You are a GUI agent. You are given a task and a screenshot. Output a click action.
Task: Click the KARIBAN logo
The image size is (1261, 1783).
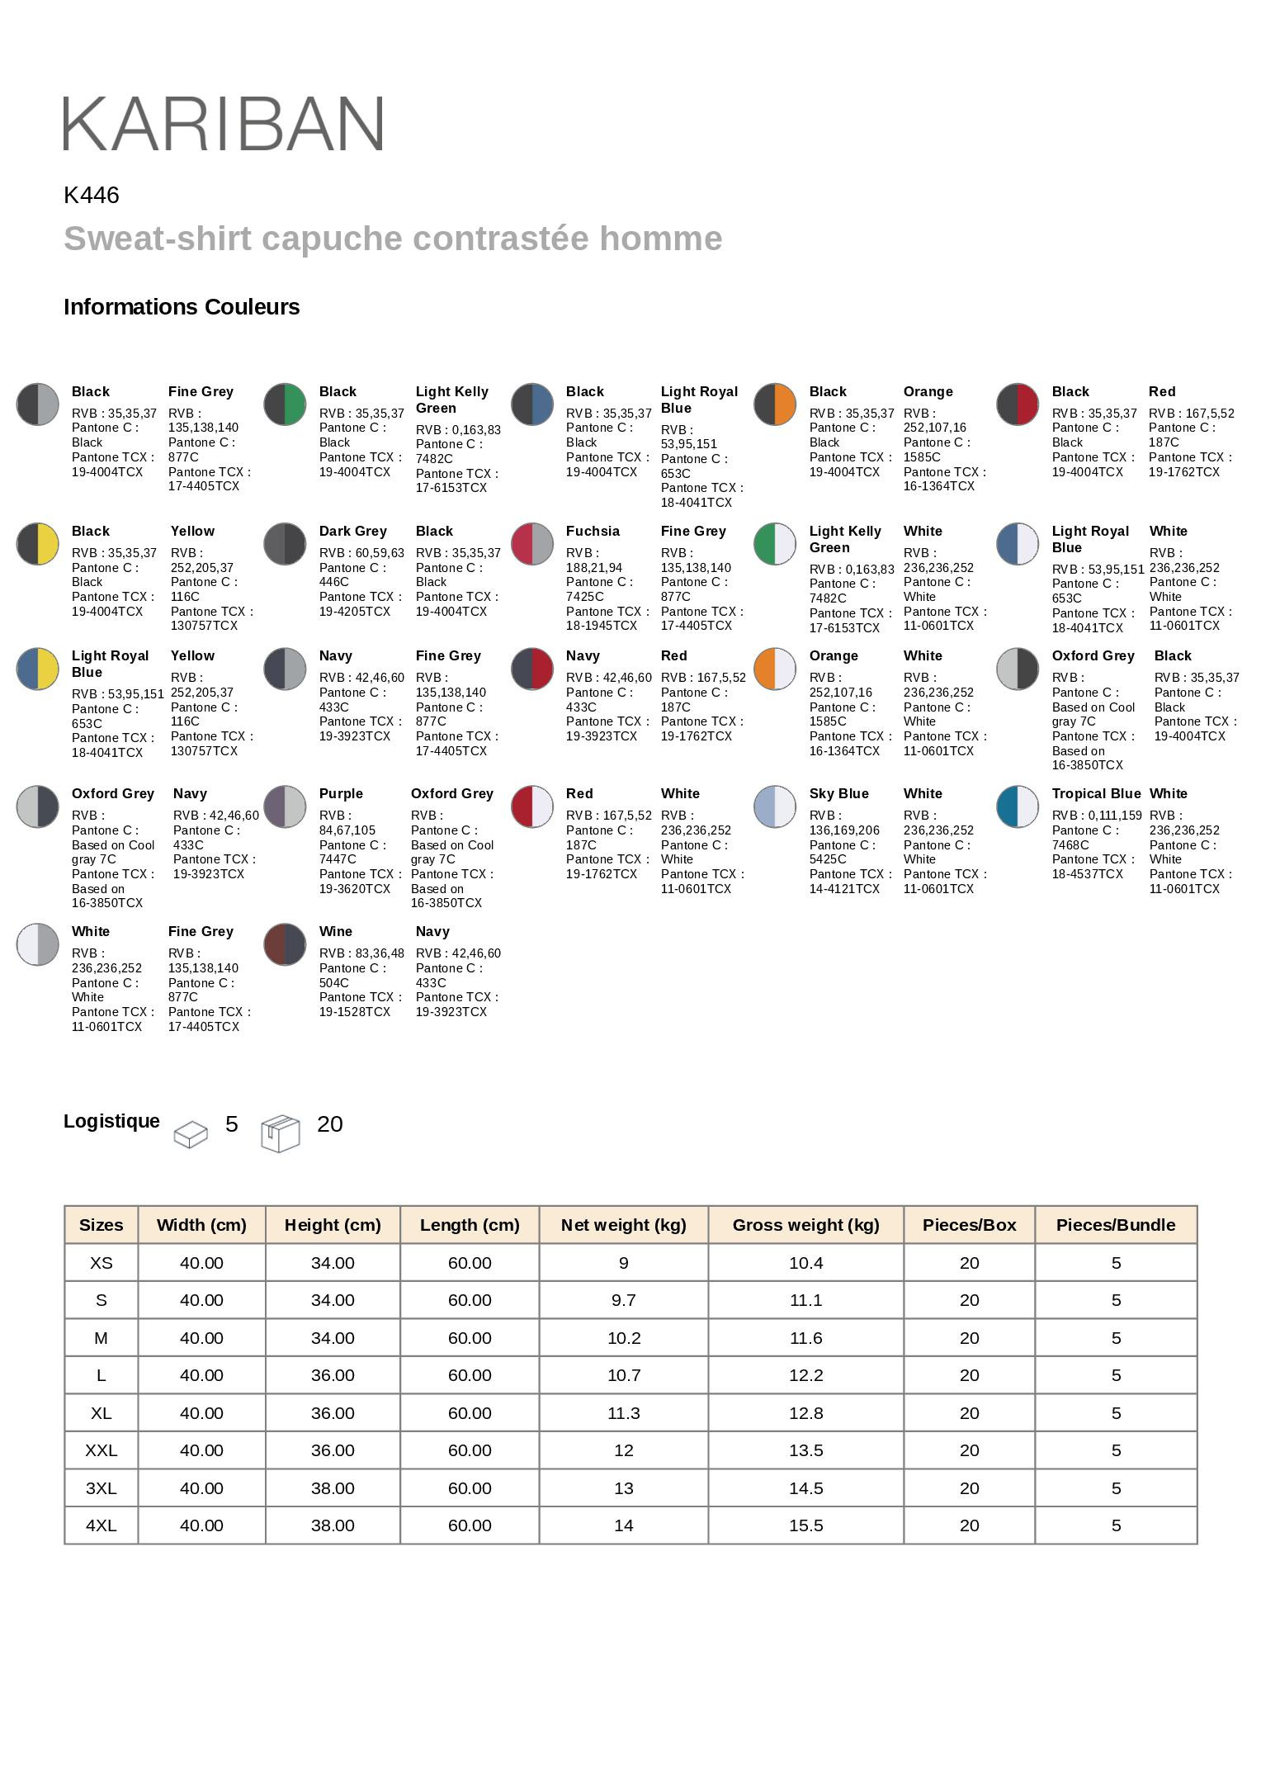[223, 123]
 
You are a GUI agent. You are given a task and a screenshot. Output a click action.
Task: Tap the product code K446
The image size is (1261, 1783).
[92, 196]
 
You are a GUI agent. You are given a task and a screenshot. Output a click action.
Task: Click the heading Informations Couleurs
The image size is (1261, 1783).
[182, 307]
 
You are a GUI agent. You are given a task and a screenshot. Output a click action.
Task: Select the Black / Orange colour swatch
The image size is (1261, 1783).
[774, 404]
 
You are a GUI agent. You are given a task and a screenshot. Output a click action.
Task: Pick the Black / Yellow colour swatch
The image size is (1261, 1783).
[37, 544]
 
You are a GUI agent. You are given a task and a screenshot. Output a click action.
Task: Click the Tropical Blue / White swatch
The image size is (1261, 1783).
[1017, 806]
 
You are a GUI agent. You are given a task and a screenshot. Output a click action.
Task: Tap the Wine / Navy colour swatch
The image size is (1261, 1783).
[285, 944]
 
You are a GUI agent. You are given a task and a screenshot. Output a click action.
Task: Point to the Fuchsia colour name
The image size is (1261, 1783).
[593, 532]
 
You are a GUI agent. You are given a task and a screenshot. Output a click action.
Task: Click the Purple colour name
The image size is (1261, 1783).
[341, 794]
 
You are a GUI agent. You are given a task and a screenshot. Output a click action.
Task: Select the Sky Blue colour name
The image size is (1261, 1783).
[838, 794]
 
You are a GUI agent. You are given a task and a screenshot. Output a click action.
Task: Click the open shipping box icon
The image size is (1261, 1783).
[281, 1133]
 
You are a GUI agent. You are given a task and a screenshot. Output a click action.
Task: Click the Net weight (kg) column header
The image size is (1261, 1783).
[623, 1225]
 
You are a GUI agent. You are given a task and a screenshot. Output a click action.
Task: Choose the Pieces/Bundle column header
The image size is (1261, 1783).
[1115, 1225]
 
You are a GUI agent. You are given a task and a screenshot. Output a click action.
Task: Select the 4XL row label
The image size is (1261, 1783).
[101, 1525]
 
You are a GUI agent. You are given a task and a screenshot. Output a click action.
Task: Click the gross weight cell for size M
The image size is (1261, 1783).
[805, 1338]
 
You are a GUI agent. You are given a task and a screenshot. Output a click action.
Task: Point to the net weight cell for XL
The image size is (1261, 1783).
[623, 1413]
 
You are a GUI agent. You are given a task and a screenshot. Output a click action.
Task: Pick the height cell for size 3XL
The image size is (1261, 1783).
[333, 1488]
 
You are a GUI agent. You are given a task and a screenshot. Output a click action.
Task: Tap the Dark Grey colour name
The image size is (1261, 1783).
[352, 532]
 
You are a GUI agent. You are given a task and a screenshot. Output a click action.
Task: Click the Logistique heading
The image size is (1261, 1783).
[111, 1121]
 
